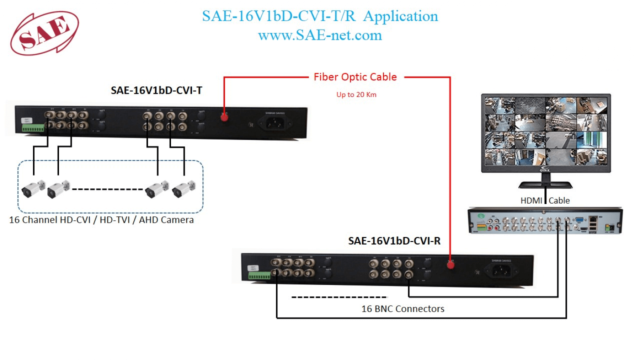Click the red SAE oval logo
coord(44,33)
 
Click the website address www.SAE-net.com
coord(320,35)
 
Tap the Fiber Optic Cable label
coord(355,77)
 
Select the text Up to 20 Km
coord(356,95)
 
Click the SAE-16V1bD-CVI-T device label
coord(156,91)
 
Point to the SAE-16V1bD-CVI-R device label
coord(394,241)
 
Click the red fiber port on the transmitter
coord(224,117)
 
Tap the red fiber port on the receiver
coord(450,265)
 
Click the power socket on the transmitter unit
coord(275,123)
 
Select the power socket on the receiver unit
coord(501,272)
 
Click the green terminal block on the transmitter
coord(33,128)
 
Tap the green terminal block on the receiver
coord(259,275)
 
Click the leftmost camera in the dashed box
coord(33,189)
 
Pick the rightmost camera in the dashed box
coord(183,188)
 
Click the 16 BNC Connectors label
coord(403,309)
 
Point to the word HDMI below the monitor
coord(531,201)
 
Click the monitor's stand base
coord(545,184)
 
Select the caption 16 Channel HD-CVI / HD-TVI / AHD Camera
coord(101,220)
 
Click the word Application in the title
coord(400,16)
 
